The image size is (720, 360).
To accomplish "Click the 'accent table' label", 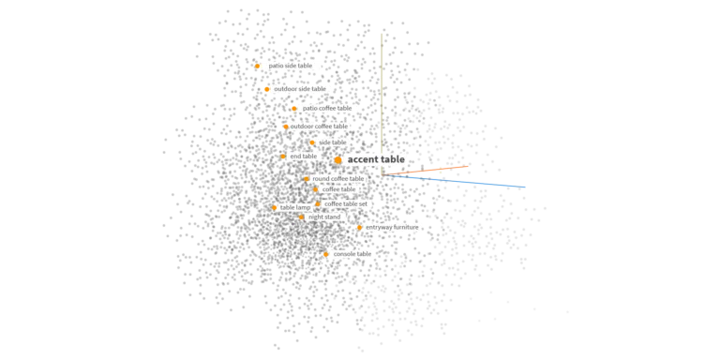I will tap(375, 160).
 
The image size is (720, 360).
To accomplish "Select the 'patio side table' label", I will tap(290, 66).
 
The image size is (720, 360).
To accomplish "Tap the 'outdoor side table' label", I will tap(300, 89).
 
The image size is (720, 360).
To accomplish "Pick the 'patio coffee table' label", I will tap(326, 108).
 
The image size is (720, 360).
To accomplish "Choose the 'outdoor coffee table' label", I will tap(319, 126).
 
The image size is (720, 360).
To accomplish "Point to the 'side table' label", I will tap(333, 142).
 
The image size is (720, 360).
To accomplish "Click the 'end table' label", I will tap(303, 157).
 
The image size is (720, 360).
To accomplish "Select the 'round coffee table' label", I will tap(337, 178).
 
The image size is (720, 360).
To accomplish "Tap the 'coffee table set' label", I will tap(346, 203).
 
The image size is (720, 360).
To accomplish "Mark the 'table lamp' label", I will tap(295, 207).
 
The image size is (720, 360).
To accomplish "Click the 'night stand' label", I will tap(324, 217).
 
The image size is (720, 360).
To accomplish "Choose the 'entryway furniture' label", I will tap(392, 227).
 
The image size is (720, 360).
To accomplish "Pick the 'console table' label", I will tap(352, 254).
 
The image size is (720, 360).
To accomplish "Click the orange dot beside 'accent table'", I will tap(338, 160).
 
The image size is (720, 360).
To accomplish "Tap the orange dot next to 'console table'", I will tap(325, 254).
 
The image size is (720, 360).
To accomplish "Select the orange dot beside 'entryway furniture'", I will tap(359, 227).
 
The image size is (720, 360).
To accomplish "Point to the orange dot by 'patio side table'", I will tap(258, 66).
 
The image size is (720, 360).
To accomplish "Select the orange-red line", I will tap(431, 171).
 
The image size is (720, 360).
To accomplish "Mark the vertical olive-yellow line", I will tap(382, 103).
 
